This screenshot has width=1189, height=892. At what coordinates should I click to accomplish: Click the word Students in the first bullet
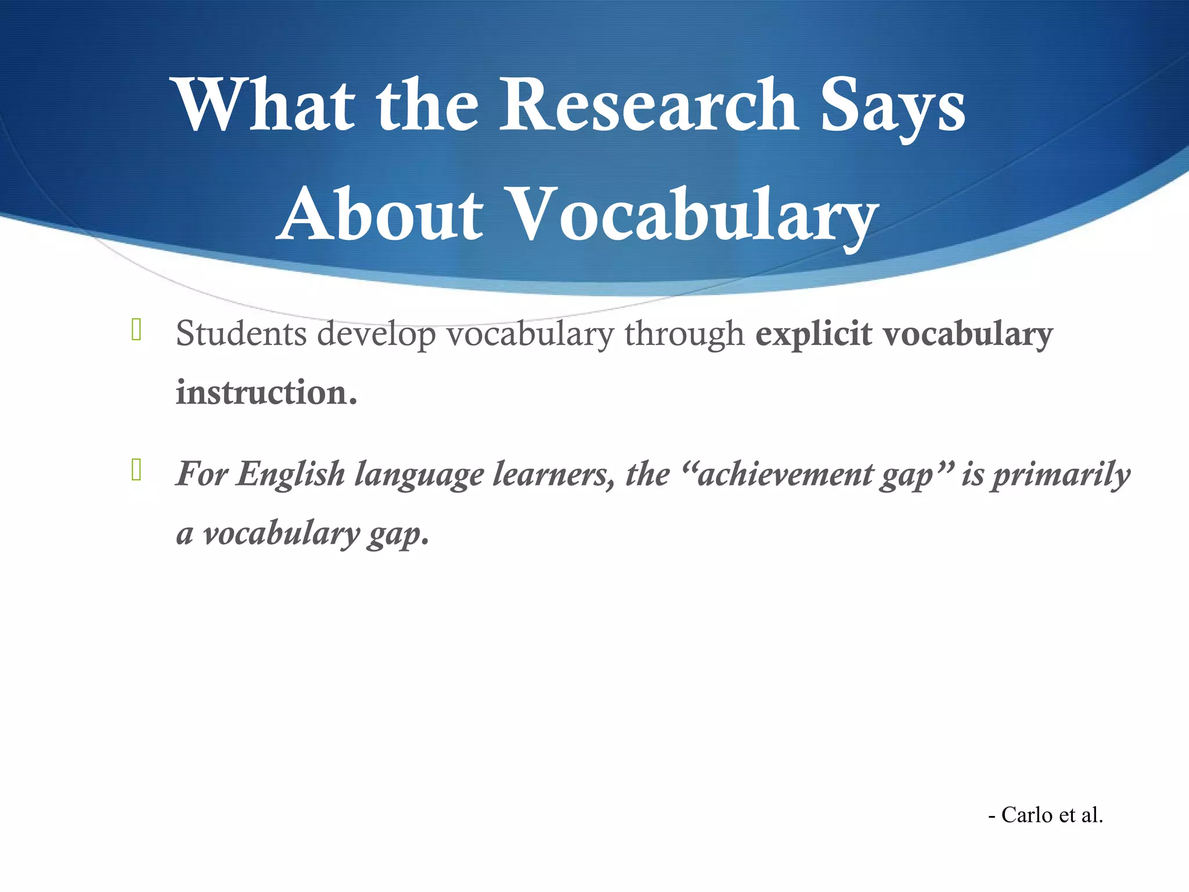click(x=241, y=334)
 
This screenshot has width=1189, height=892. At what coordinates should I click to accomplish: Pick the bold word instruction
click(x=266, y=393)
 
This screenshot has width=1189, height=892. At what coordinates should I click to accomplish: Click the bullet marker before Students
click(x=136, y=329)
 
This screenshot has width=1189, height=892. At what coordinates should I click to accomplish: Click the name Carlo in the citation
click(x=1026, y=815)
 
